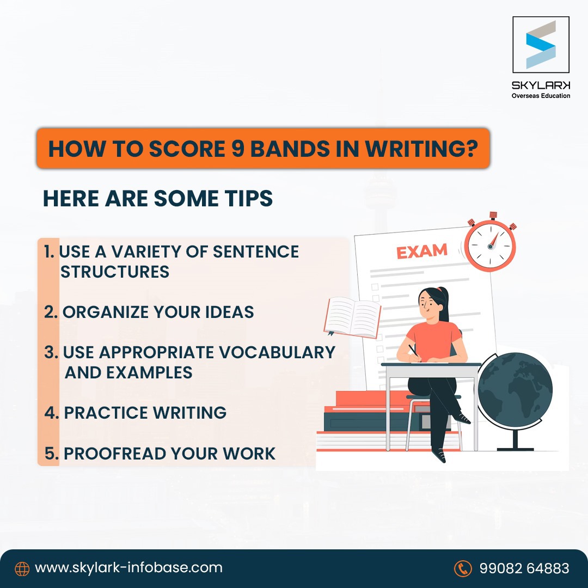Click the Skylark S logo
541,45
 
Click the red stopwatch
490,244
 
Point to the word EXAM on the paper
421,252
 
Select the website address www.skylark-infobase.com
128,568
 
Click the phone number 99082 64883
524,568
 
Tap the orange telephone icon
462,568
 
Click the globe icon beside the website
22,568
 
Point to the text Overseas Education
541,96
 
